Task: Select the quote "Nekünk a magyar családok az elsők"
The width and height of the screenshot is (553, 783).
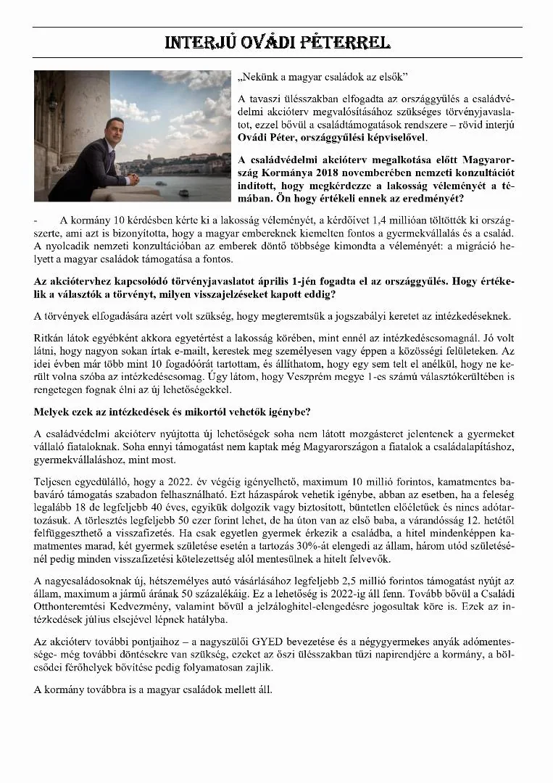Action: [x=323, y=78]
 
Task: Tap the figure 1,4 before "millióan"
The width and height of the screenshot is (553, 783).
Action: [x=386, y=220]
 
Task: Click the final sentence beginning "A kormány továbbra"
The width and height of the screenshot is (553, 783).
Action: [x=154, y=689]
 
